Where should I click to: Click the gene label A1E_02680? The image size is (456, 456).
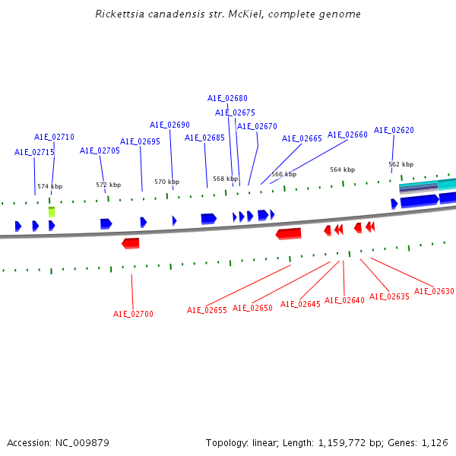227,98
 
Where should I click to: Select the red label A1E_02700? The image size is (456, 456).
133,314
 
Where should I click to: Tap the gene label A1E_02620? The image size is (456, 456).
394,130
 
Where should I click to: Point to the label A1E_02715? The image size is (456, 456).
34,152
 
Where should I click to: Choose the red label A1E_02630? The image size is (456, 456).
434,291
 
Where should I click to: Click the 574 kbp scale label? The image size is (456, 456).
49,186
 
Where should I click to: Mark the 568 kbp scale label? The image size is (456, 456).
225,179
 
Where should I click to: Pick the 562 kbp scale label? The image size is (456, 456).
401,164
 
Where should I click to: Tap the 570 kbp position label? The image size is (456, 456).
166,182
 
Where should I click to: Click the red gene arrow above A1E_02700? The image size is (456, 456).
131,243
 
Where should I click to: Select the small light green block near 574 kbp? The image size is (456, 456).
52,211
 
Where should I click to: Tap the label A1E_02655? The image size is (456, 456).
207,310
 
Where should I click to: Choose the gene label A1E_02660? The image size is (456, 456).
347,135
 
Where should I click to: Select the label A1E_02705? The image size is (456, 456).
100,150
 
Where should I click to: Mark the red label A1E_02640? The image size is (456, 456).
344,300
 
